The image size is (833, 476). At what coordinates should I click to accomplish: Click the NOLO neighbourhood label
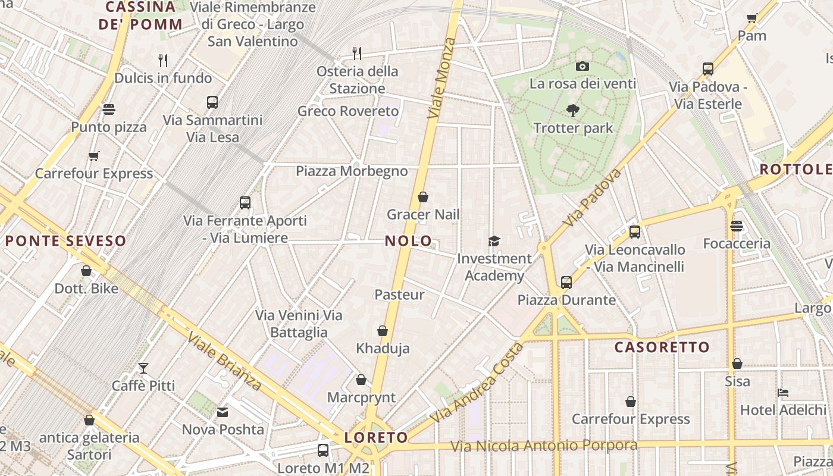click(408, 241)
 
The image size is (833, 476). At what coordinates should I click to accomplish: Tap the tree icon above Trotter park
click(573, 110)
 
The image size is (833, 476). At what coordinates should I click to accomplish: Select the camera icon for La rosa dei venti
click(583, 66)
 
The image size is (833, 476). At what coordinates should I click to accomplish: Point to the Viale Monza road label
click(441, 77)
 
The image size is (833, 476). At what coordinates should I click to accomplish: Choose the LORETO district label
click(376, 438)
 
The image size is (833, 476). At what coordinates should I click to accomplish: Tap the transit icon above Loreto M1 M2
click(323, 450)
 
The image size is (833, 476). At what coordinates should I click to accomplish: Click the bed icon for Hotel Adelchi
click(783, 393)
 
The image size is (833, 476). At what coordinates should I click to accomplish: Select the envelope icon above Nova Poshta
click(223, 412)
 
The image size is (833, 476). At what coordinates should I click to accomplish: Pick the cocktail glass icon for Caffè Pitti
click(143, 368)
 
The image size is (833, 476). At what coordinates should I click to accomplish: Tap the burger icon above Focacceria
click(737, 226)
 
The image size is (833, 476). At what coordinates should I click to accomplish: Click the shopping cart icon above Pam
click(751, 18)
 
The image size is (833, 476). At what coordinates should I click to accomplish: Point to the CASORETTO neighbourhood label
click(662, 347)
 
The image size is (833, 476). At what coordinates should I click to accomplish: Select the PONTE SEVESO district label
click(66, 241)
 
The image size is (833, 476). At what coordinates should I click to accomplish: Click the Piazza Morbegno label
click(352, 171)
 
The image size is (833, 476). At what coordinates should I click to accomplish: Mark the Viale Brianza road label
click(225, 361)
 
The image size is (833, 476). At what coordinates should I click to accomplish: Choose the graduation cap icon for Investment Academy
click(494, 241)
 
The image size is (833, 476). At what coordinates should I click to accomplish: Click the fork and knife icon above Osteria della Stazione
click(357, 54)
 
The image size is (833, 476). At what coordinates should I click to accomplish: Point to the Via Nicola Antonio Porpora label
click(543, 446)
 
